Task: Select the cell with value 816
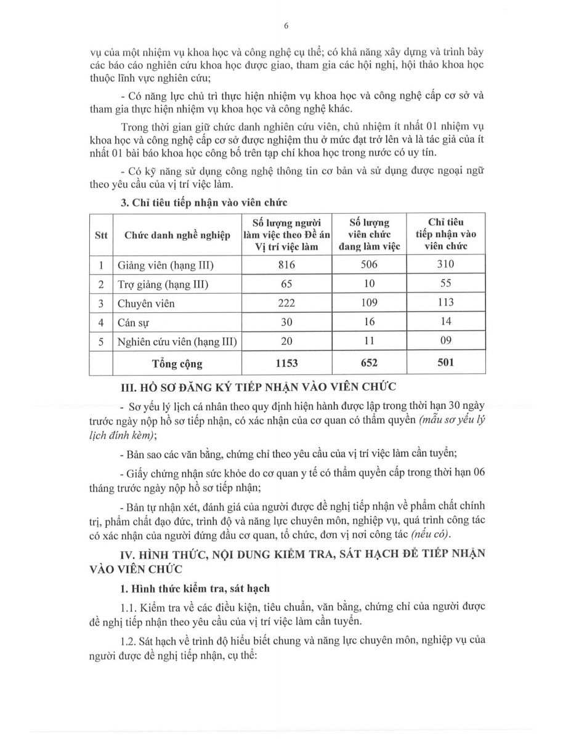pos(287,265)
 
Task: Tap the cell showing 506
pos(369,265)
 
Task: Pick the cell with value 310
pos(445,265)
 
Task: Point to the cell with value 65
pos(287,285)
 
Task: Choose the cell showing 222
pos(287,303)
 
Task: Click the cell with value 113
pos(445,302)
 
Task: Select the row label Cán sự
pos(131,322)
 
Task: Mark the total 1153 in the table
pos(287,363)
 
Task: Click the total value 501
pos(445,362)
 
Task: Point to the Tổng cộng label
pos(177,363)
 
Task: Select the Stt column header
pos(101,235)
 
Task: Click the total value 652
pos(369,363)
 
